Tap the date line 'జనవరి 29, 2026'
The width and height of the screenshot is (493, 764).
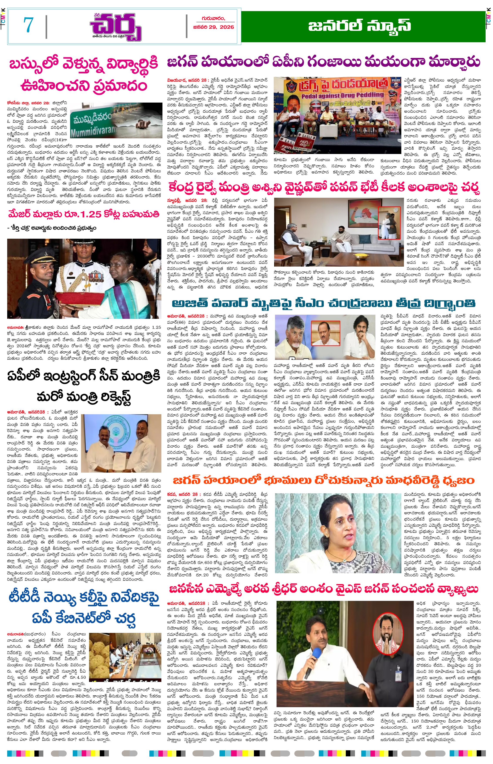(x=214, y=27)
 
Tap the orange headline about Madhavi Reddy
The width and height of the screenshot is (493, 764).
(x=323, y=480)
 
